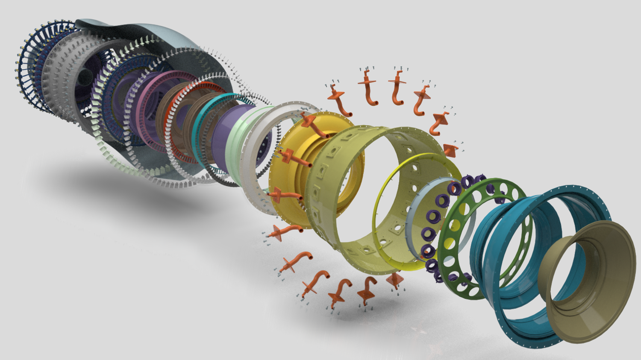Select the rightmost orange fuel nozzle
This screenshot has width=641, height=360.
(451, 149)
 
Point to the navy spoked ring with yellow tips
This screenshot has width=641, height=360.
(26, 73)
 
